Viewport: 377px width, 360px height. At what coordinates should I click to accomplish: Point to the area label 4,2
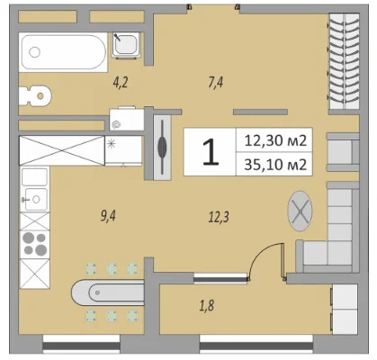(121, 84)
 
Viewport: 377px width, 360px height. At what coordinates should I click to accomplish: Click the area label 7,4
(215, 84)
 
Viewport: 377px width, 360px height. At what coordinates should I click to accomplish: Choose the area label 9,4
(110, 215)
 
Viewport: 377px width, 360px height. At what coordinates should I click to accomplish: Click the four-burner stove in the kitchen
(36, 240)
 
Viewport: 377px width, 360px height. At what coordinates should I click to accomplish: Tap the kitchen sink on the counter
(34, 195)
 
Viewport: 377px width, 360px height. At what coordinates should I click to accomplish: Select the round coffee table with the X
(299, 211)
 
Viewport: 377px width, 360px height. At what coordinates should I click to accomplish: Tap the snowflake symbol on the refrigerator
(112, 143)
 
